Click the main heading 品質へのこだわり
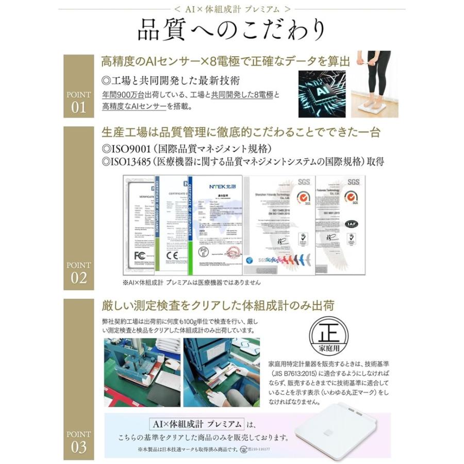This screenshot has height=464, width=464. [231, 30]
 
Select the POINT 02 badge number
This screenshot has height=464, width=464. [79, 278]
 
